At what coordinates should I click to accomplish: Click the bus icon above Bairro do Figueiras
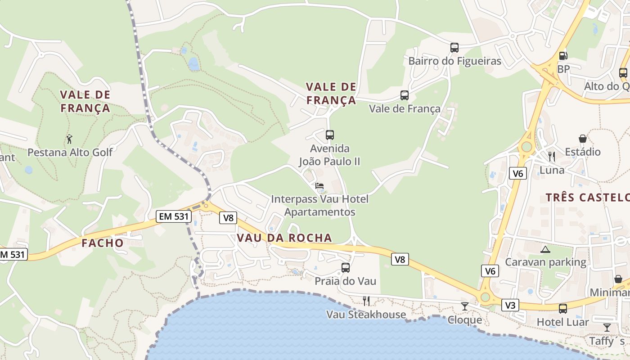tap(454, 47)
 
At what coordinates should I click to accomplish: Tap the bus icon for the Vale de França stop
tap(405, 95)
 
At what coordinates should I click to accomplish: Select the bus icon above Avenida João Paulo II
tap(330, 135)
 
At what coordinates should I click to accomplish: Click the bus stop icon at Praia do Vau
tap(346, 268)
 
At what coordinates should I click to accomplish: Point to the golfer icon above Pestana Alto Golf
tap(69, 139)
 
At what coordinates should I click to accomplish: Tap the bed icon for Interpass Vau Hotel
tap(319, 185)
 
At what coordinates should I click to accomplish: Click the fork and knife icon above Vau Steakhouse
tap(366, 301)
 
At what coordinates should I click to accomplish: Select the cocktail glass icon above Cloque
tap(465, 306)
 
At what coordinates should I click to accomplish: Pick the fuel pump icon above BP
tap(563, 56)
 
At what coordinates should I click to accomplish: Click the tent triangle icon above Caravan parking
tap(545, 249)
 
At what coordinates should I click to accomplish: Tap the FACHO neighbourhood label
tap(103, 243)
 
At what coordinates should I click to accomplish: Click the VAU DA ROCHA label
tap(284, 238)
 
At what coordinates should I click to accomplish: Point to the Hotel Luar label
tap(562, 322)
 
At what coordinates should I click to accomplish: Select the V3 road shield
tap(510, 305)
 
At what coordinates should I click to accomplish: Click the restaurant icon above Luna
tap(552, 157)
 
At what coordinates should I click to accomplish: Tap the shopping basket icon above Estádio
tap(583, 139)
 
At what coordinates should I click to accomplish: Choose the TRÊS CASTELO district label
tap(587, 197)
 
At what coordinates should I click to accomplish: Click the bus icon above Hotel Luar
tap(562, 309)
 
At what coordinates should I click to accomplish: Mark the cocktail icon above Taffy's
tap(607, 327)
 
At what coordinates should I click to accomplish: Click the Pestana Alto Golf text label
tap(70, 152)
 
